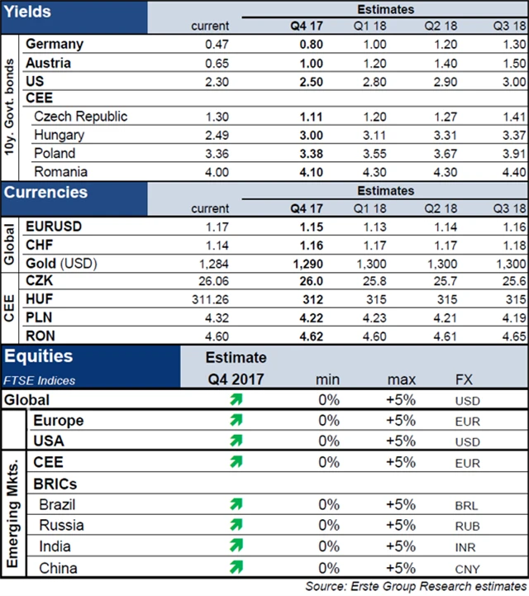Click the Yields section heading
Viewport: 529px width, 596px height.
pyautogui.click(x=27, y=12)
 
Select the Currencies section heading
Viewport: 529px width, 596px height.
pyautogui.click(x=45, y=193)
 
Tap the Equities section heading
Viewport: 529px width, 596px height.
pyautogui.click(x=38, y=357)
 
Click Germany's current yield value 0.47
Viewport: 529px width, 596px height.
pyautogui.click(x=216, y=45)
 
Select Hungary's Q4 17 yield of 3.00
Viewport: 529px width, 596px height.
pyautogui.click(x=307, y=136)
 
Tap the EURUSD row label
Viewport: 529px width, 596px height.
pyautogui.click(x=54, y=226)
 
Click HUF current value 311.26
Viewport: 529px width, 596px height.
pyautogui.click(x=210, y=299)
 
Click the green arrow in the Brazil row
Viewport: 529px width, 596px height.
pyautogui.click(x=236, y=503)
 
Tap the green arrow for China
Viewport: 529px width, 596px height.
pyautogui.click(x=236, y=567)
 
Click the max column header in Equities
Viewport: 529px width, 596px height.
pyautogui.click(x=401, y=380)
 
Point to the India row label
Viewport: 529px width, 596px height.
pyautogui.click(x=55, y=546)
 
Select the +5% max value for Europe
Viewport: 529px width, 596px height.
pyautogui.click(x=401, y=421)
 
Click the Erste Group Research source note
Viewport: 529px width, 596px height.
pyautogui.click(x=417, y=587)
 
